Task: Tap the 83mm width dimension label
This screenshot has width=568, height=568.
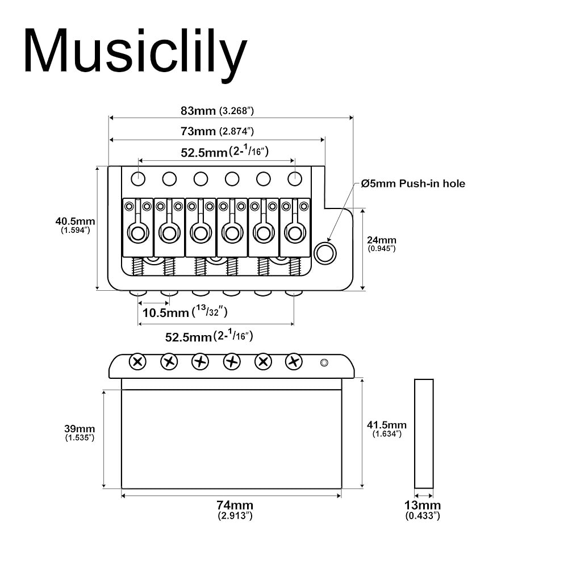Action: click(x=218, y=111)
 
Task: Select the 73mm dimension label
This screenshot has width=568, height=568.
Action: click(x=218, y=131)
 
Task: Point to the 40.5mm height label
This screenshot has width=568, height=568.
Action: click(x=75, y=225)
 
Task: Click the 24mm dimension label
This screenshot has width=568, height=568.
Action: click(x=382, y=244)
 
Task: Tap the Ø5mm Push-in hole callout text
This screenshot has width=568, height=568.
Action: click(x=413, y=183)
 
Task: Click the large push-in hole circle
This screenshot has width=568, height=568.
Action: click(x=325, y=253)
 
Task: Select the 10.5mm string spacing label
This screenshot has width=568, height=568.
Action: click(x=185, y=312)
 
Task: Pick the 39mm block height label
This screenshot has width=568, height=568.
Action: click(x=80, y=432)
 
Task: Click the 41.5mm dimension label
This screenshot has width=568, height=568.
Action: click(x=387, y=428)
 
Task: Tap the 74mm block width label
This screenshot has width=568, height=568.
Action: click(x=235, y=509)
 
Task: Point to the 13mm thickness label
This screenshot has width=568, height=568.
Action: click(x=423, y=509)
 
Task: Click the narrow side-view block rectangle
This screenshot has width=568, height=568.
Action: click(x=424, y=433)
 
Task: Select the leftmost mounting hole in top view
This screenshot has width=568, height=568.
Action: click(x=138, y=178)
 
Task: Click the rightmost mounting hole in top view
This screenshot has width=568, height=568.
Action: click(x=294, y=178)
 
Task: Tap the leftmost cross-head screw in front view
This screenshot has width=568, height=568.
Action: click(x=137, y=361)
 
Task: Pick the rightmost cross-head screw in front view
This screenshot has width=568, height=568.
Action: click(x=294, y=361)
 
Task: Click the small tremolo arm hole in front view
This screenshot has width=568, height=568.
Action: click(x=324, y=362)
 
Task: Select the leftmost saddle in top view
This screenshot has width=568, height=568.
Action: click(x=138, y=227)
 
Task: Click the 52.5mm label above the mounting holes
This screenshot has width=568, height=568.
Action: click(x=224, y=151)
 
